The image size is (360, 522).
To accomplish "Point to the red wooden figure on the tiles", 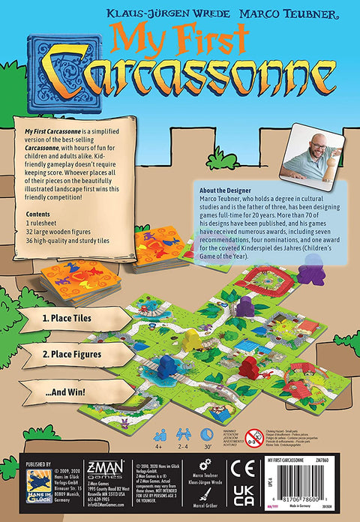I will coord(250,367).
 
